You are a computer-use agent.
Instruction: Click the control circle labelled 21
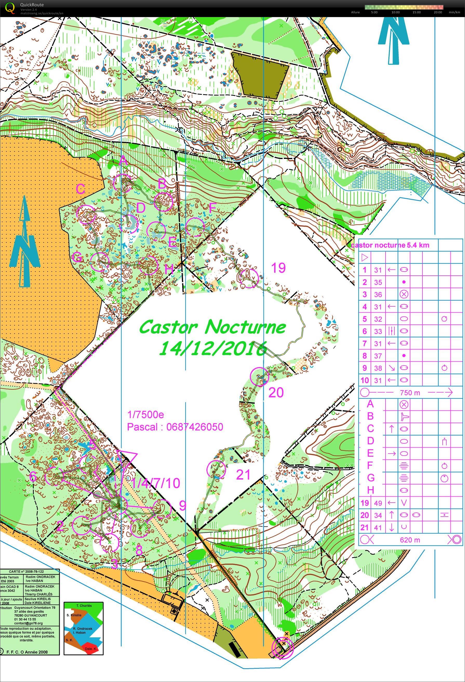pos(216,469)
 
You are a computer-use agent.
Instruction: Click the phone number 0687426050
pos(195,427)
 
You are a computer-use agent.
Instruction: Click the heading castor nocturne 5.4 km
pos(390,245)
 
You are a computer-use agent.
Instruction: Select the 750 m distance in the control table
pos(410,393)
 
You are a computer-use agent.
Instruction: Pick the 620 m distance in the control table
pos(410,539)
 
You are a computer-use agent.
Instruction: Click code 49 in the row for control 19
pos(378,503)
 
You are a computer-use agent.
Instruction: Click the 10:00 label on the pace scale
pos(395,12)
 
